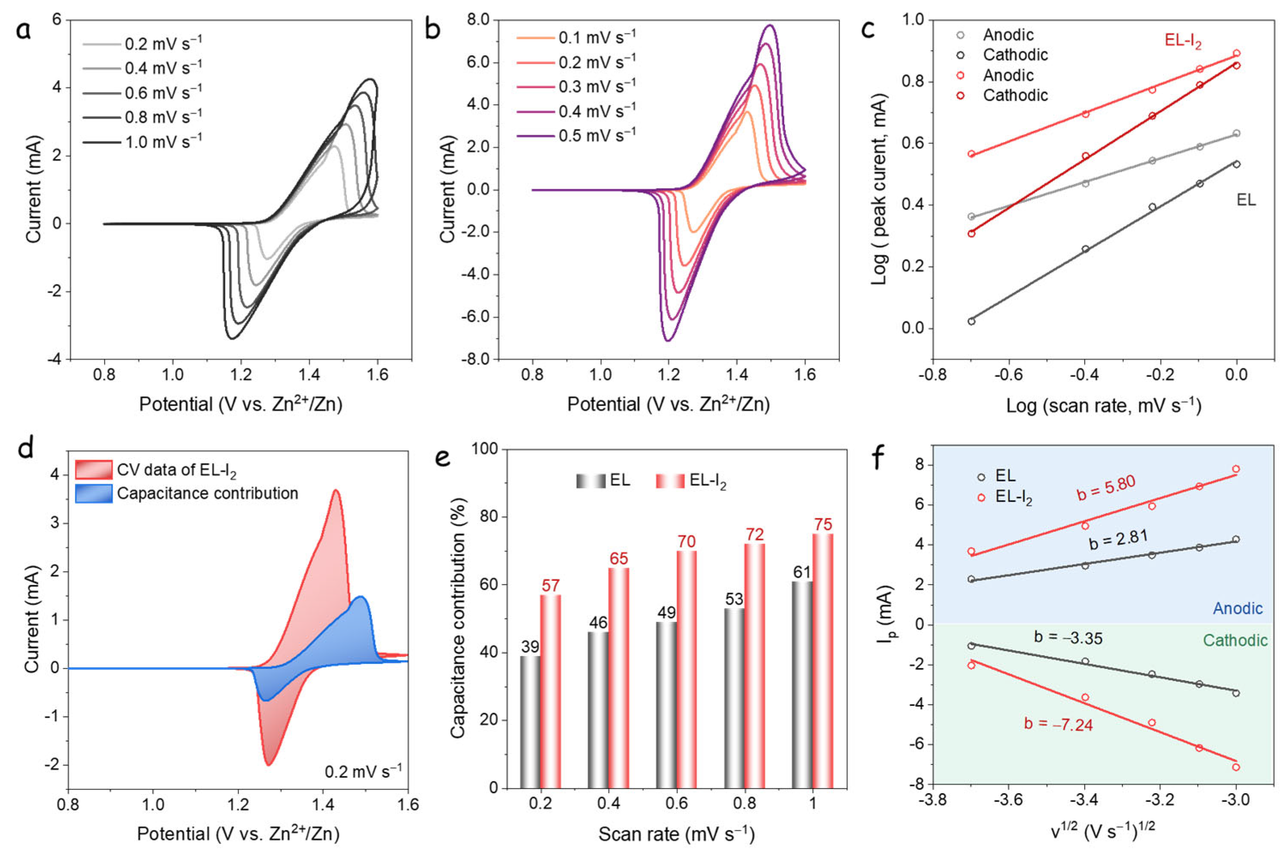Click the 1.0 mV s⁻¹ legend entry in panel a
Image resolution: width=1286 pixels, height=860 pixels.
(x=163, y=143)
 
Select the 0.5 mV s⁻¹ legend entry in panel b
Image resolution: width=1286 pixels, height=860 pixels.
(x=597, y=135)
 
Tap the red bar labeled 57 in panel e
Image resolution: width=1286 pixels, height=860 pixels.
(x=550, y=691)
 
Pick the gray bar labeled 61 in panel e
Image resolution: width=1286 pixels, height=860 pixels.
(x=802, y=684)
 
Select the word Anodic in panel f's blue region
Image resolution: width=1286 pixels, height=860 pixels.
(x=1237, y=608)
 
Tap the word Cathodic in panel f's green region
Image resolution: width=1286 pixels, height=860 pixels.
(x=1235, y=641)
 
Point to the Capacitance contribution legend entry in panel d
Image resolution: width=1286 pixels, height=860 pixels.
(x=207, y=494)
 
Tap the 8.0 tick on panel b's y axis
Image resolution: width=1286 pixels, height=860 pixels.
(x=477, y=20)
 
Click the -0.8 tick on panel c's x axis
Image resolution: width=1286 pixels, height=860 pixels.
(x=932, y=376)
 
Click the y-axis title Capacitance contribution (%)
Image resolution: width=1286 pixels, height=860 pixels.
(x=458, y=618)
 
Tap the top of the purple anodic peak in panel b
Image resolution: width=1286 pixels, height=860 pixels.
(x=770, y=25)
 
